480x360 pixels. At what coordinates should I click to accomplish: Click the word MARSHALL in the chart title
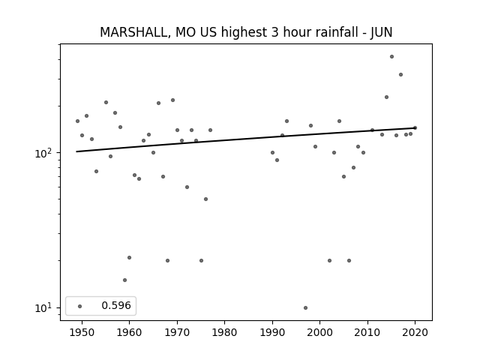pos(133,32)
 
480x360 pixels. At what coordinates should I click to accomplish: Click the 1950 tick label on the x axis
pos(82,332)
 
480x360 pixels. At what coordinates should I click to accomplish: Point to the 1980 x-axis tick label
pos(225,332)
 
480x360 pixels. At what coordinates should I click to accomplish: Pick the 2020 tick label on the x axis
pos(415,332)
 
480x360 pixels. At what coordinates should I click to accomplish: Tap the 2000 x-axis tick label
pos(320,332)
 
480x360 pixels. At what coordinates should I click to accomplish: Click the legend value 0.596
pos(116,305)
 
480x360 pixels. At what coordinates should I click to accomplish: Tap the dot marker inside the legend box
pos(80,306)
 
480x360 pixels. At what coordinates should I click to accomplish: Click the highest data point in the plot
pos(391,57)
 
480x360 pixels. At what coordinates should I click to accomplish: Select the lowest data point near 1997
pos(305,307)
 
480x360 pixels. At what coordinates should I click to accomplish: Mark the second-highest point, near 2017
pos(400,75)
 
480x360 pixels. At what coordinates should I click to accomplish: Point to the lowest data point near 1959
pos(125,280)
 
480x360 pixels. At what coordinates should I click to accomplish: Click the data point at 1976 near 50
pos(205,199)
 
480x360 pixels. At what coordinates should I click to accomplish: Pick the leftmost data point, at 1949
pos(77,121)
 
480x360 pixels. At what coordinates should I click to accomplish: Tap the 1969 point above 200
pos(172,100)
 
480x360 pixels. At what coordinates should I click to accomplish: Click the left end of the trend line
pos(76,151)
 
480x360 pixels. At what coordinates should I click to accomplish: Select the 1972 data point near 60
pos(187,187)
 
